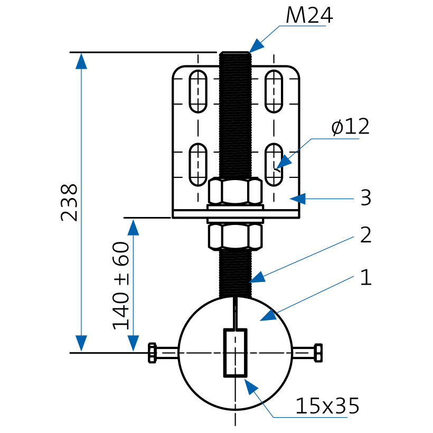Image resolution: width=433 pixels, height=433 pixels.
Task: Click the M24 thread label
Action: pos(309,15)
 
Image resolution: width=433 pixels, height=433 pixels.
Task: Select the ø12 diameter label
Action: pos(350,127)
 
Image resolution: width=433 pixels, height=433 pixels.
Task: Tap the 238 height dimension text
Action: pos(69,202)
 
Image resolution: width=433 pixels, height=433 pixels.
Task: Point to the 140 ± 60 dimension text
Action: pos(121,286)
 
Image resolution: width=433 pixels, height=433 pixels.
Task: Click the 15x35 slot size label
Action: pos(327,406)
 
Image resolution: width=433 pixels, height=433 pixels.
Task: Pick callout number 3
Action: pos(366,197)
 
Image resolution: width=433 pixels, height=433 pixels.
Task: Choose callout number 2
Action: pos(366,235)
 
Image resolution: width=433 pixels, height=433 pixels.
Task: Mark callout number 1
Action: pos(366,277)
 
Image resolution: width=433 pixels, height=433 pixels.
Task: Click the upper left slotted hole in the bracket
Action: pos(198,91)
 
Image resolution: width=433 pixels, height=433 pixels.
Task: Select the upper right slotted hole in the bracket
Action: pos(274,91)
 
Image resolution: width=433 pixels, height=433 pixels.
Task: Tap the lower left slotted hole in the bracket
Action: pos(198,165)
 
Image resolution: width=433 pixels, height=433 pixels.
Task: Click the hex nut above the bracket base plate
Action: pos(236,191)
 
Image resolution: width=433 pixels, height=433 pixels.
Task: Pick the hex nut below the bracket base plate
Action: pos(236,237)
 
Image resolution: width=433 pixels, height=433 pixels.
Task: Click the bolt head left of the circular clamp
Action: pos(152,353)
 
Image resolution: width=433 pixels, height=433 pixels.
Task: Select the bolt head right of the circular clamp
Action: pos(318,353)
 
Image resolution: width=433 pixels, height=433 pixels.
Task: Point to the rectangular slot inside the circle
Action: pos(236,353)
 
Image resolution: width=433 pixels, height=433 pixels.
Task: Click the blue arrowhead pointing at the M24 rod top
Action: pos(256,46)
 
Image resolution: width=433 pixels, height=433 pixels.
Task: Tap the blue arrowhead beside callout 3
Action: pos(298,199)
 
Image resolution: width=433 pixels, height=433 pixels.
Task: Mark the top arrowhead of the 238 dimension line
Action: pos(81,61)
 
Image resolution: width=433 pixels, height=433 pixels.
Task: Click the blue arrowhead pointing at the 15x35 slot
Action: pos(251,387)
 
